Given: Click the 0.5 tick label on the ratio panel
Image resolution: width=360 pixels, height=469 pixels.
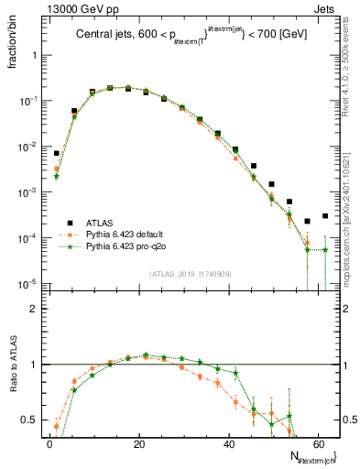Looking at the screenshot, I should pyautogui.click(x=30, y=420).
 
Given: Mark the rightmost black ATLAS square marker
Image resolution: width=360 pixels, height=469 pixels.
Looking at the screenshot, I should pyautogui.click(x=325, y=216).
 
